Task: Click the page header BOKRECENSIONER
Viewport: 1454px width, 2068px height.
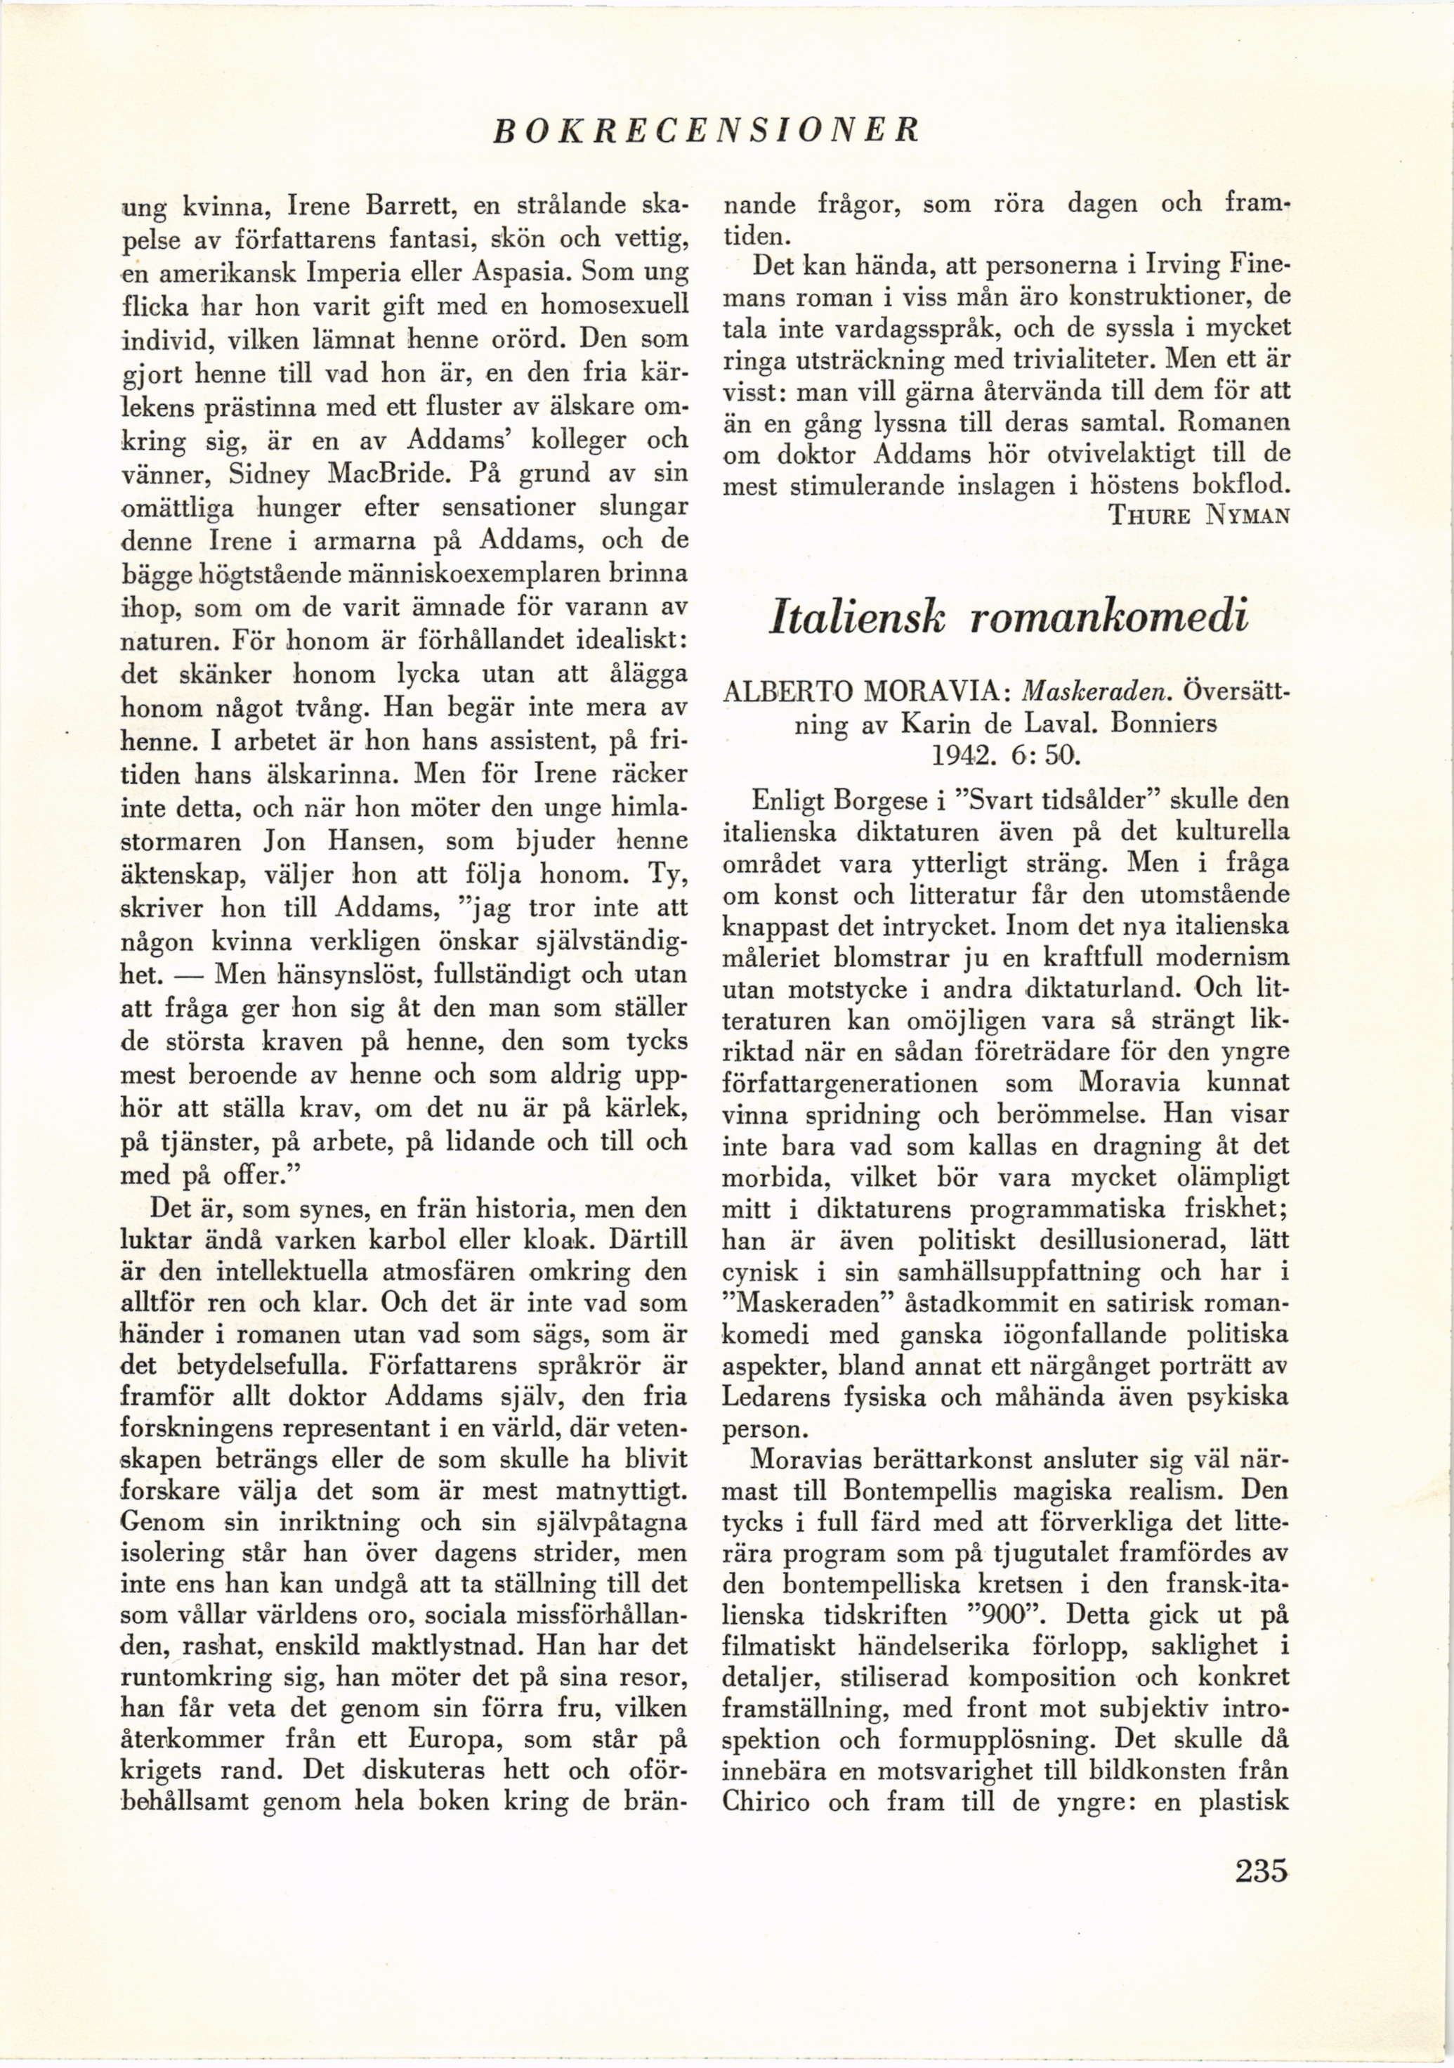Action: pyautogui.click(x=707, y=131)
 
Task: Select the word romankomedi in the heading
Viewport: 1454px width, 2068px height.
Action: pyautogui.click(x=1111, y=620)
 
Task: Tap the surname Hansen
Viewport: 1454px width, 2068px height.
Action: pyautogui.click(x=370, y=841)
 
